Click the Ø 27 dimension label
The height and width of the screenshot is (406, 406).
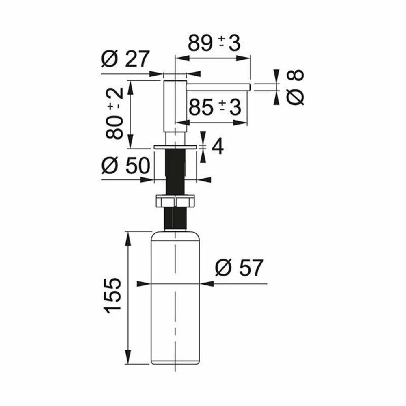[125, 59]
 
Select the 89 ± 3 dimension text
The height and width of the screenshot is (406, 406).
[214, 43]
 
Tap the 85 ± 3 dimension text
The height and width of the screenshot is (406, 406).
[215, 107]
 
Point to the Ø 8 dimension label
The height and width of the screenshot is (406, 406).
[296, 87]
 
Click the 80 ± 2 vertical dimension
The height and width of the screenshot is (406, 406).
[114, 113]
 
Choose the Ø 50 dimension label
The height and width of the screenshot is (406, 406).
[125, 165]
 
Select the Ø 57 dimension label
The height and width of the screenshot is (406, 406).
[239, 268]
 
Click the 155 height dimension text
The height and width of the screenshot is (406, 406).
[112, 296]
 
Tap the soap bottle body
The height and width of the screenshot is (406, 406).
[175, 298]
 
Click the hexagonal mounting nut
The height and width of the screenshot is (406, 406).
[175, 201]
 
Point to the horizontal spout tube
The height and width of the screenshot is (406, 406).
[218, 87]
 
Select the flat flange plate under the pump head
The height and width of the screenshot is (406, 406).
[175, 147]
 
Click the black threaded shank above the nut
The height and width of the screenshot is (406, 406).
[175, 172]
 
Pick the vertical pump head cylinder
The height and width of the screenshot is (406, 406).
[175, 113]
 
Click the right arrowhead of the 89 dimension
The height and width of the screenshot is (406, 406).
[244, 59]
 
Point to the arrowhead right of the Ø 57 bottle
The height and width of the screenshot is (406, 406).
[207, 284]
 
